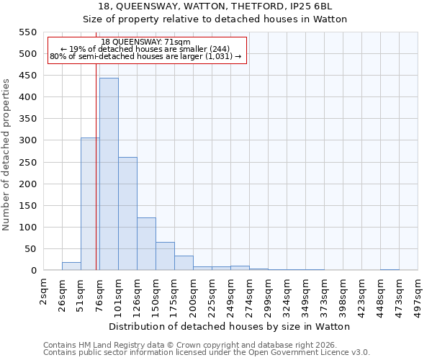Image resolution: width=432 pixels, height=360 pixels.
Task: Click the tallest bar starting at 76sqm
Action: pyautogui.click(x=109, y=174)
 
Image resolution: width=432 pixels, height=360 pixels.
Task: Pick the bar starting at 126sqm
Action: pyautogui.click(x=146, y=244)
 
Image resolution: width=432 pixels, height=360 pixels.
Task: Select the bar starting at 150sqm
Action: pyautogui.click(x=165, y=256)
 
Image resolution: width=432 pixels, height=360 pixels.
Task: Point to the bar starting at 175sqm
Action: pyautogui.click(x=184, y=263)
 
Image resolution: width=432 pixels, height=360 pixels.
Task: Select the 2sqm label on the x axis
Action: pyautogui.click(x=44, y=293)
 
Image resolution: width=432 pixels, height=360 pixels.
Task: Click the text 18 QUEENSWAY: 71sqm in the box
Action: pyautogui.click(x=146, y=42)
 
